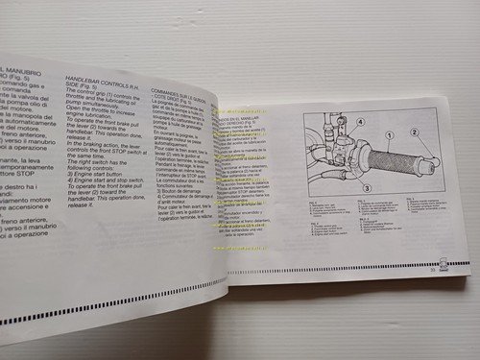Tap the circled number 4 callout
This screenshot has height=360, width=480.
(x=333, y=122)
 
